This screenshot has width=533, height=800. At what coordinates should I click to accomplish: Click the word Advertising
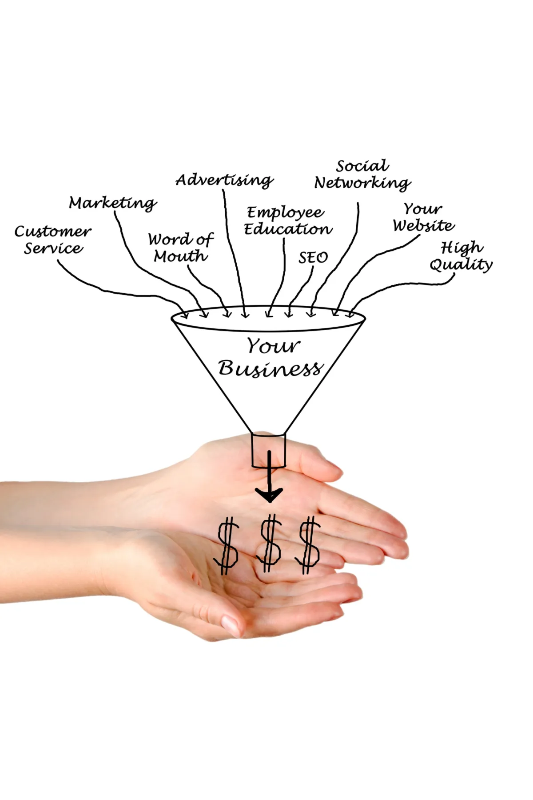[x=224, y=180]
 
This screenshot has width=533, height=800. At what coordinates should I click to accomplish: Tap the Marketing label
[x=113, y=203]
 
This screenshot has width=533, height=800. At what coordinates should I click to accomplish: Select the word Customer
[x=53, y=232]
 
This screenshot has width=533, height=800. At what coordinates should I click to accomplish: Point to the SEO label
[x=313, y=257]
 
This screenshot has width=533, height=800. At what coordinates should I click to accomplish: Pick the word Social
[x=362, y=166]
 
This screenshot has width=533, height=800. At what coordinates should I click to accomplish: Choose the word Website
[x=423, y=225]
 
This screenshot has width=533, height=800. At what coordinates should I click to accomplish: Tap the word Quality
[x=461, y=265]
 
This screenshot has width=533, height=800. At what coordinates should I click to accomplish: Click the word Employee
[x=286, y=213]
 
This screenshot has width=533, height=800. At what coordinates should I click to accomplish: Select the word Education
[x=288, y=229]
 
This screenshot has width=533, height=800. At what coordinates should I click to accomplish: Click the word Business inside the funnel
[x=270, y=368]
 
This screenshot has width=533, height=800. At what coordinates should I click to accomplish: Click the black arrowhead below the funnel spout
[x=269, y=494]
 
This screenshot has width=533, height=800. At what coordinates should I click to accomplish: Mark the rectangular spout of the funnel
[x=268, y=450]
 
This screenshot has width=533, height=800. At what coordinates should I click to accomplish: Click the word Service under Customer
[x=53, y=248]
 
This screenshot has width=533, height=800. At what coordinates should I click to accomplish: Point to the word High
[x=461, y=248]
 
